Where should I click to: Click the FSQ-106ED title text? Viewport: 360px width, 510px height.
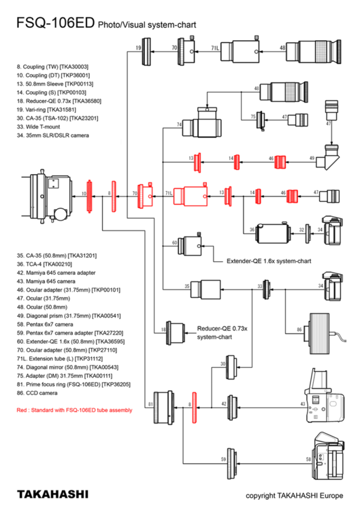[54, 24]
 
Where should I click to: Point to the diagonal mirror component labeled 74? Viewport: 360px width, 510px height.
[199, 124]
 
